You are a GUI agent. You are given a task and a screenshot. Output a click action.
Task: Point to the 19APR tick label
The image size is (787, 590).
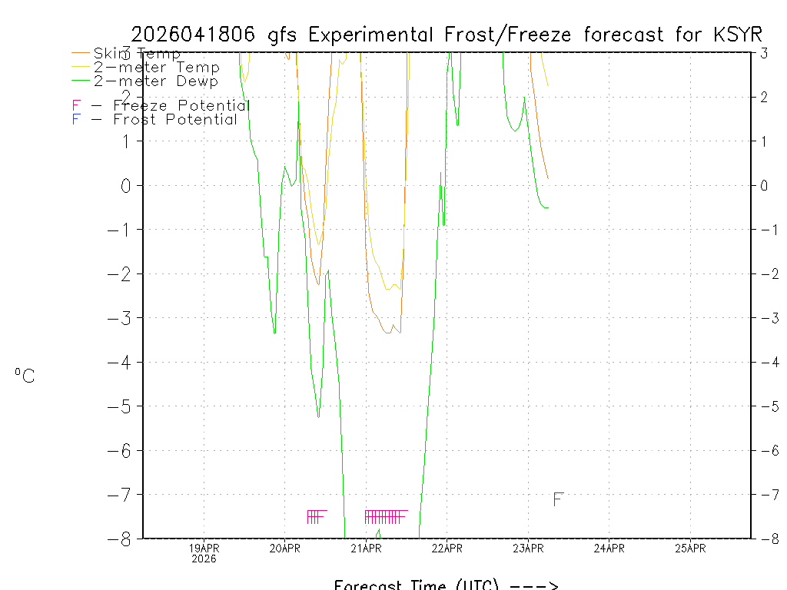204,548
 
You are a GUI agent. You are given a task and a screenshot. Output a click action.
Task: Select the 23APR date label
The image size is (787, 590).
528,548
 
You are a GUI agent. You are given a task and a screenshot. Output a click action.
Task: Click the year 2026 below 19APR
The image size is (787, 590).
204,559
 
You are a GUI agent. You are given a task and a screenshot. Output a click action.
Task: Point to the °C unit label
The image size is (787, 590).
25,376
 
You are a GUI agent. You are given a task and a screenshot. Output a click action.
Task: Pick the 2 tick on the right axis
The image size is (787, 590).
764,97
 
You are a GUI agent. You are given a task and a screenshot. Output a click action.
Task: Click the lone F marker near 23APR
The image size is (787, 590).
559,499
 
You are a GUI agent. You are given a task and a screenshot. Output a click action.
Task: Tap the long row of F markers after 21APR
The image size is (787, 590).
385,516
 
